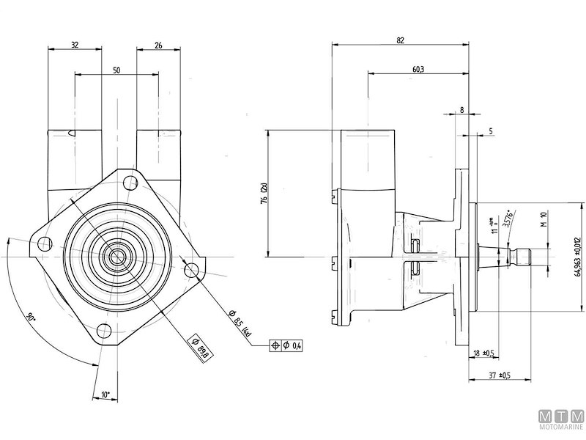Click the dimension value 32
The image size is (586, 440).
(75, 43)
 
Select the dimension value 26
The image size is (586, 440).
(158, 43)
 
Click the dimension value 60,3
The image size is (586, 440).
(418, 69)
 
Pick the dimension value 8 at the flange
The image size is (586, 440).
(461, 109)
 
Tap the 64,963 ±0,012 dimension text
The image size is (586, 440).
(578, 257)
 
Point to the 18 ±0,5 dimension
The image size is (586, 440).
(483, 353)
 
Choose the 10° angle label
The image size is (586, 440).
(105, 395)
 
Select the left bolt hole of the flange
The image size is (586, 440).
(45, 244)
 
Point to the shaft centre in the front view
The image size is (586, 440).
(115, 257)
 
